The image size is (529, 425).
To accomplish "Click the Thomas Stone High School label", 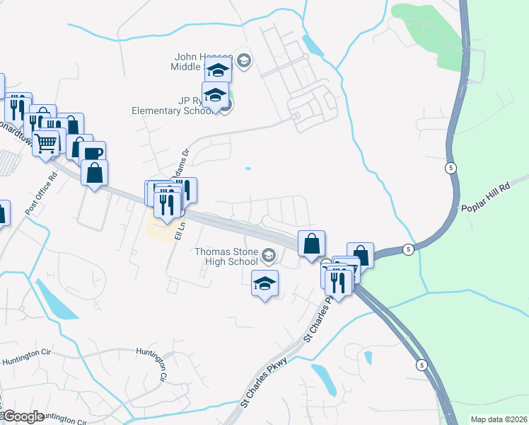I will (226, 255).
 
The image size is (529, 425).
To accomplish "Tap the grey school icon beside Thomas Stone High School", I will (268, 255).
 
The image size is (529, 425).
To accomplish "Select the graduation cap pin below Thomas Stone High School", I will (264, 284).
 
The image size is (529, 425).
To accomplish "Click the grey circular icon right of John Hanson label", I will (244, 60).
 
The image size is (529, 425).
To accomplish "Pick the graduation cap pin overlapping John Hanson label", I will (219, 71).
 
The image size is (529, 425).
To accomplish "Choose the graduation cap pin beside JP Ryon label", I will (215, 95).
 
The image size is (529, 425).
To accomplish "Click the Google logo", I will (23, 416).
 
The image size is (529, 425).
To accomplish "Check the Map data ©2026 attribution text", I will (498, 419).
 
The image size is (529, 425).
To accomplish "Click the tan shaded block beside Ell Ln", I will (158, 229).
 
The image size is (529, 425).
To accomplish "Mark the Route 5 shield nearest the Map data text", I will (421, 365).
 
